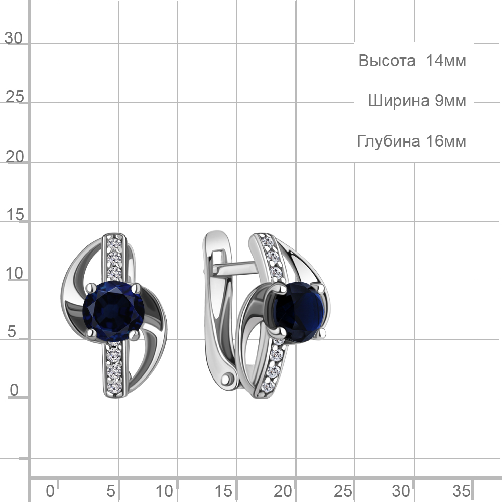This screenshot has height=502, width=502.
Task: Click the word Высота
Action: click(x=387, y=61)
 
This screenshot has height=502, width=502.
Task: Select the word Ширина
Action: click(x=399, y=101)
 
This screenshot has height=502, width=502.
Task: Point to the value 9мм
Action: click(x=450, y=101)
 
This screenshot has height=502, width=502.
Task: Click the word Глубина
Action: click(x=389, y=141)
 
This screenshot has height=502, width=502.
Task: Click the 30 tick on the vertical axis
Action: click(x=14, y=38)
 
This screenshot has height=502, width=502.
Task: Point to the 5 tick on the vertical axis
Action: click(x=12, y=332)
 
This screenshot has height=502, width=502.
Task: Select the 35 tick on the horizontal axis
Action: click(x=461, y=491)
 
